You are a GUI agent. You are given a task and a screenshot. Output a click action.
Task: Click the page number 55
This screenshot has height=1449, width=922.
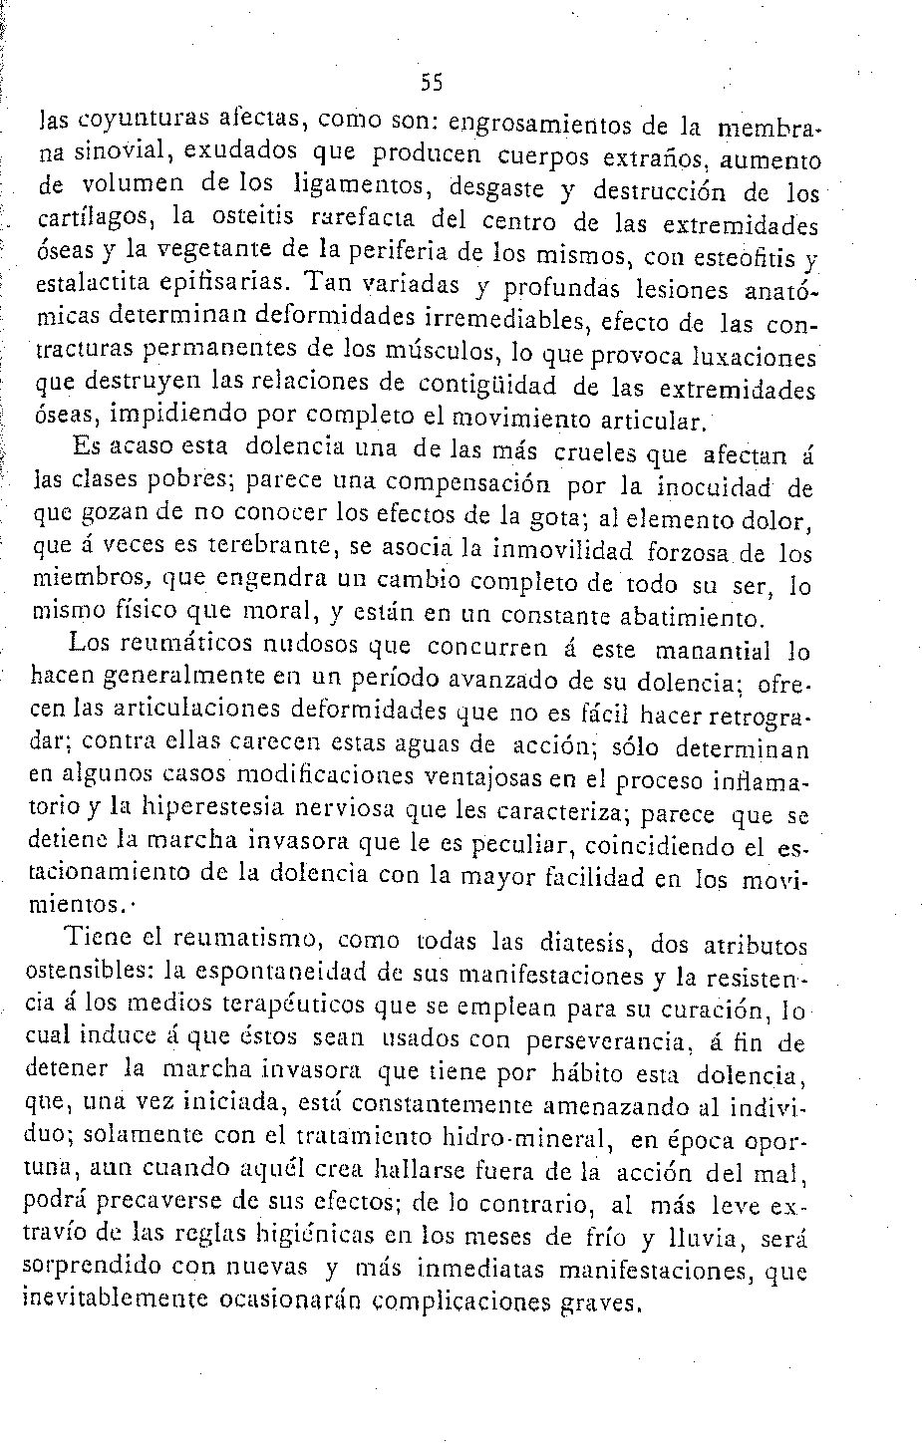coord(431,83)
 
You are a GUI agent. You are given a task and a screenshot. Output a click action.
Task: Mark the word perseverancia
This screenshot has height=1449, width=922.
coord(582,1041)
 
